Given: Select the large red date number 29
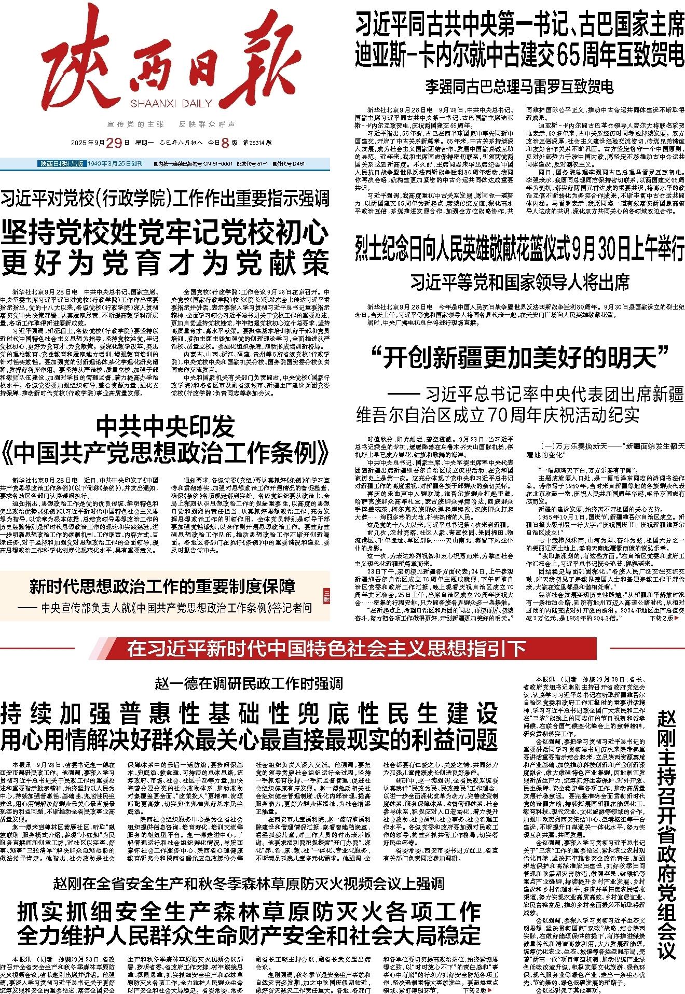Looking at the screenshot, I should click(x=115, y=143).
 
